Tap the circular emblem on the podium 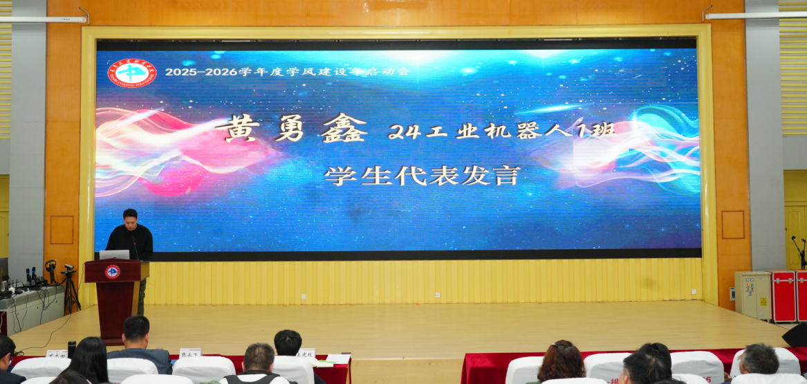112,272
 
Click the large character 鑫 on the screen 344,128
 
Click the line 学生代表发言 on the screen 422,176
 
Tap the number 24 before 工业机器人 404,131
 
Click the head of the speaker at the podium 129,217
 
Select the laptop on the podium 114,255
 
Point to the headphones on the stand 50,266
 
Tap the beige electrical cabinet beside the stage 752,295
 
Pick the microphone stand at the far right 799,253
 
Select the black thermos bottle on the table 71,349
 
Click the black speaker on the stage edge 795,335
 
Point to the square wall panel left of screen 62,230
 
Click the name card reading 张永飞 190,354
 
